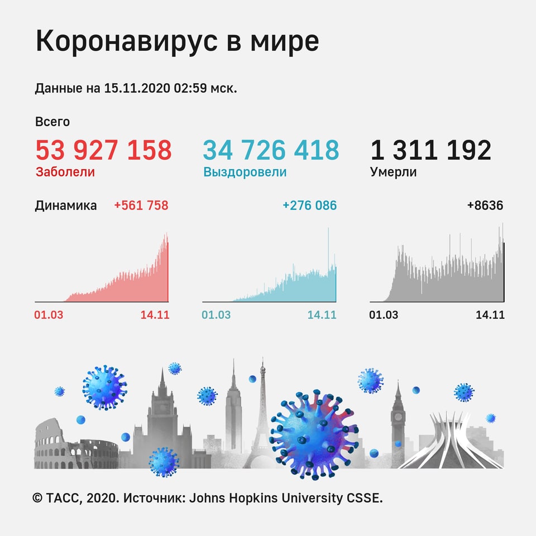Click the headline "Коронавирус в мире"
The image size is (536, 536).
[x=177, y=43]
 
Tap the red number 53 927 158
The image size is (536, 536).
[x=103, y=150]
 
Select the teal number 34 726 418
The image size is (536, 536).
[x=270, y=150]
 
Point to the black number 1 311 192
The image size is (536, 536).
[x=430, y=150]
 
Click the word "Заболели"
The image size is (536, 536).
[x=65, y=172]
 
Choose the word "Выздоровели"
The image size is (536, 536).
[x=245, y=172]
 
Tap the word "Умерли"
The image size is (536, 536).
[x=393, y=172]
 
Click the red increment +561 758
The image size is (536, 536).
[x=141, y=205]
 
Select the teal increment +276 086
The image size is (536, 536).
[x=309, y=205]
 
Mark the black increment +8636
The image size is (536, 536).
[x=485, y=205]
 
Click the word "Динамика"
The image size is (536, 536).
[x=65, y=205]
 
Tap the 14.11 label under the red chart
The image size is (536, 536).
[x=155, y=315]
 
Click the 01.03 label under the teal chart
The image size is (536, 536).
[x=216, y=315]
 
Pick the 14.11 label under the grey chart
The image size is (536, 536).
[x=490, y=315]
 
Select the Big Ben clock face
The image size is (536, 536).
[x=398, y=416]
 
